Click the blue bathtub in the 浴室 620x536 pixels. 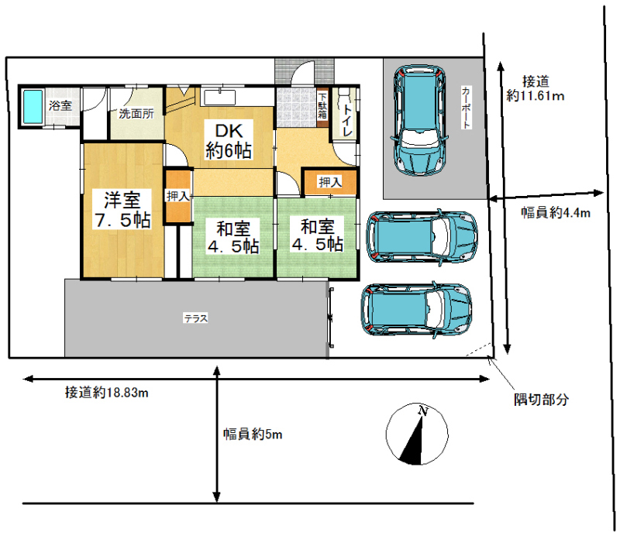[x=33, y=106]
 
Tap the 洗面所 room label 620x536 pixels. [x=136, y=114]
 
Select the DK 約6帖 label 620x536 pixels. [x=229, y=142]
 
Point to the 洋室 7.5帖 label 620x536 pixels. [x=122, y=209]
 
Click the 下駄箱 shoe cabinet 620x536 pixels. [x=322, y=107]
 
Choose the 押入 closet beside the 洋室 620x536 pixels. [x=178, y=197]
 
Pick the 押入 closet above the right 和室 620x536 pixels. [x=330, y=182]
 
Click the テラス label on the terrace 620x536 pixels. [x=196, y=318]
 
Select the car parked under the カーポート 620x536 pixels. [x=419, y=120]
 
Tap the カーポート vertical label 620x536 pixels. [x=467, y=107]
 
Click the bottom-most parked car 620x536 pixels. [x=416, y=310]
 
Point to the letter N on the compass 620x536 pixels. [x=423, y=411]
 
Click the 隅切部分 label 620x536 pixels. [x=541, y=399]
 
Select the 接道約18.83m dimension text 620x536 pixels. [x=107, y=393]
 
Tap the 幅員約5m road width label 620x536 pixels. [x=253, y=435]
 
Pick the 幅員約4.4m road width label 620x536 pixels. [x=556, y=213]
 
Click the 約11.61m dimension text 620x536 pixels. [x=536, y=95]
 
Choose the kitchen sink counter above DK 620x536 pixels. [x=219, y=98]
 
